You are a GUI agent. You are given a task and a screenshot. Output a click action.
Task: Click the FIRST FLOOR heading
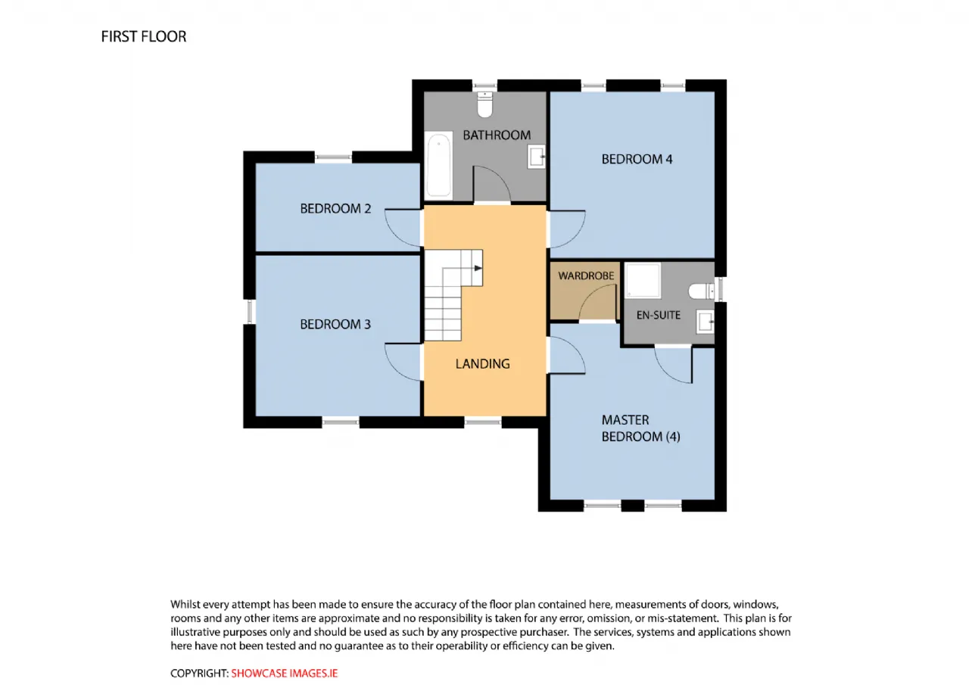coord(144,37)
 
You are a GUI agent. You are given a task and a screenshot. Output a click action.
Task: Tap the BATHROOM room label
coord(497,135)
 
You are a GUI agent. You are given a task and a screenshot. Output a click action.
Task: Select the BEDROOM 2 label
coord(335,209)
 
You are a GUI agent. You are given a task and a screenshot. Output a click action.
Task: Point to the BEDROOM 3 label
coord(335,325)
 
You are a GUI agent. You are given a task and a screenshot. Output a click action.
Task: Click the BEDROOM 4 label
coord(637,160)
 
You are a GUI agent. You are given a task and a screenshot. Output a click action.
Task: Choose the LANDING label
coord(482,364)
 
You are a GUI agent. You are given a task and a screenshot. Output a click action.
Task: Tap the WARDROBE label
coord(586,276)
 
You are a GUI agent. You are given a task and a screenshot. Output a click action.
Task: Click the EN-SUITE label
coord(658,316)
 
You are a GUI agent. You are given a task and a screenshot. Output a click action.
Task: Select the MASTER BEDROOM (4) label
coord(640,428)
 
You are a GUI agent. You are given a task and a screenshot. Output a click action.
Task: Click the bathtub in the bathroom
coord(438,165)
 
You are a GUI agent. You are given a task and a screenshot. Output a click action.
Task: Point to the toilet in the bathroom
coord(485,104)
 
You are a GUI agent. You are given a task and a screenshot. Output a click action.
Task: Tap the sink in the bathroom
coord(537,157)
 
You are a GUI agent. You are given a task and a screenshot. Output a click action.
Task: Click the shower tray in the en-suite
coord(643,280)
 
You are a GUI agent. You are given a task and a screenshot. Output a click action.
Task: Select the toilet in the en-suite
coord(701,291)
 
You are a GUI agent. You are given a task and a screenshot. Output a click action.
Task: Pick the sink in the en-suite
coord(705,322)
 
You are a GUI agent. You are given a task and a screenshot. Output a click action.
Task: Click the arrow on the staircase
coord(478,268)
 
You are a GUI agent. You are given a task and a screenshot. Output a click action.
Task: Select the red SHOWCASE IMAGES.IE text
coord(284,674)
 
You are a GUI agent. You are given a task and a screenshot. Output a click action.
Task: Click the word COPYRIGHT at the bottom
coord(199,674)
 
